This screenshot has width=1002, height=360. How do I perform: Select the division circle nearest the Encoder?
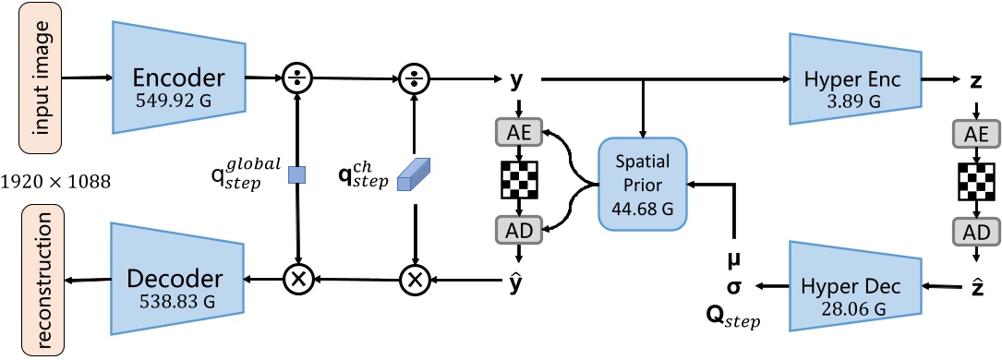[x=296, y=76]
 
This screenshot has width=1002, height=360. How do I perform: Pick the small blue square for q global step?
[x=296, y=174]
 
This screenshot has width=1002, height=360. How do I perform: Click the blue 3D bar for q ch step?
[x=414, y=175]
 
